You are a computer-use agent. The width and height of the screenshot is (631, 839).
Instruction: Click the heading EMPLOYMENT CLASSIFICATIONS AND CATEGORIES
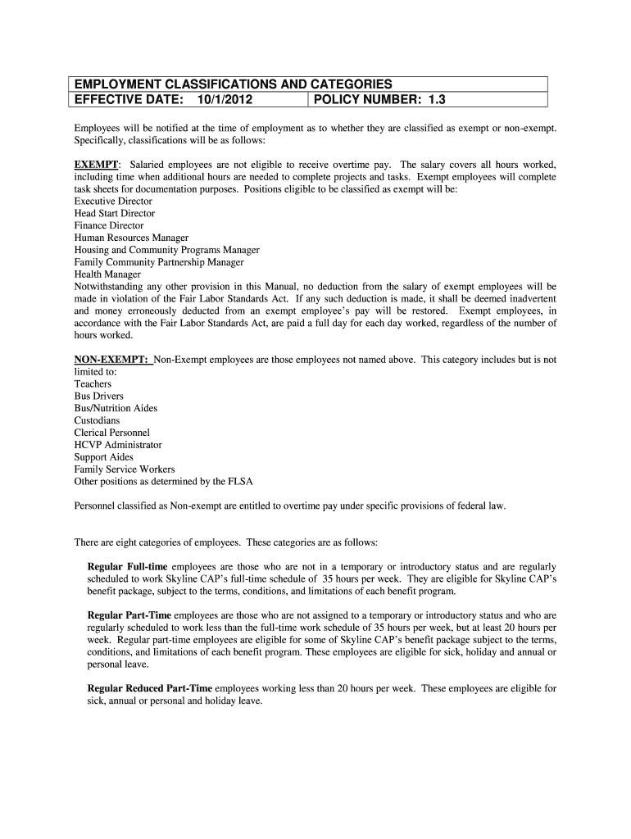coord(234,84)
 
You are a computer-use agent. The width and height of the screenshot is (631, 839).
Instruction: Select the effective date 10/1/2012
coord(225,100)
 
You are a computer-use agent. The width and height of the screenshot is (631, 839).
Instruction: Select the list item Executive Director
coord(113,201)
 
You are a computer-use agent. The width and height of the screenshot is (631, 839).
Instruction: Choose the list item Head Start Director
coord(114,213)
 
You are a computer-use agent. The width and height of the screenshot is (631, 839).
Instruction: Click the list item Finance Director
coord(109,225)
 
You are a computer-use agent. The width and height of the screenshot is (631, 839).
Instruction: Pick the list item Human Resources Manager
coord(131,238)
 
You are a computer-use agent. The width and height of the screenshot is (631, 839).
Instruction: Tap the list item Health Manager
coord(107,274)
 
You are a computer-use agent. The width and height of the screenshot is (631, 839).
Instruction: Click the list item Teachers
coord(93,383)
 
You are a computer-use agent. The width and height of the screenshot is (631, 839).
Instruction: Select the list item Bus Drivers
coord(99,396)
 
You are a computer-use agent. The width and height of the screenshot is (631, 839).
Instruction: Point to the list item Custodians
coord(97,420)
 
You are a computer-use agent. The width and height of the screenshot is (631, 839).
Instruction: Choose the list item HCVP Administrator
coord(118,445)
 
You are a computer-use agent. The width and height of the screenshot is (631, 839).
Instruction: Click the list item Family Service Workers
coord(125,469)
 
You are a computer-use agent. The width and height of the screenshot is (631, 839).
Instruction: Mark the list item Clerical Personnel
coord(112,433)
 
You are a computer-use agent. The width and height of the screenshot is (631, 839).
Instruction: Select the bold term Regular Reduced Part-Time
coord(150,689)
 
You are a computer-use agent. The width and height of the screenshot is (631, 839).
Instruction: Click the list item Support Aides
coord(104,457)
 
